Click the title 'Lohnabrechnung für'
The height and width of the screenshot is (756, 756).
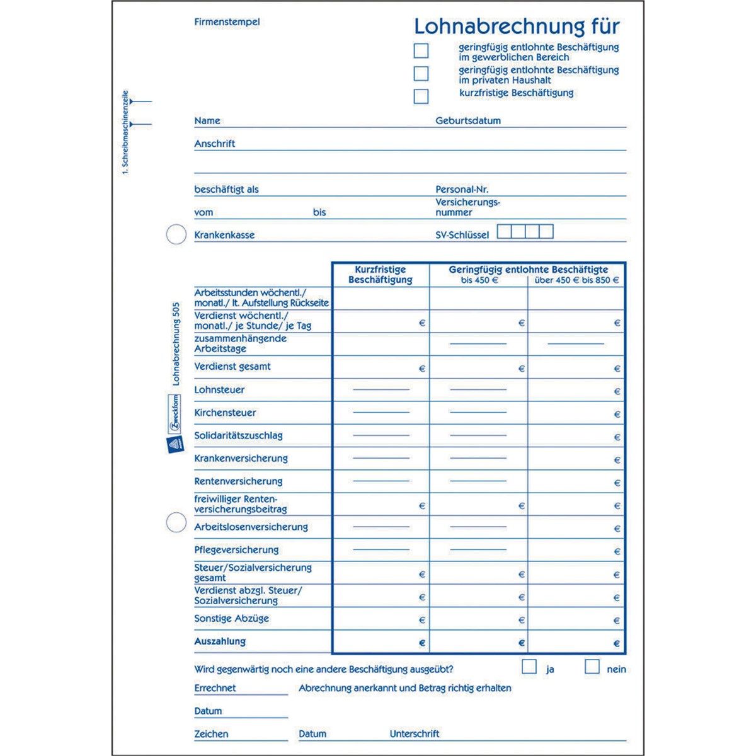(517, 26)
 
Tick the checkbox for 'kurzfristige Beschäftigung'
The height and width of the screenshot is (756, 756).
(421, 96)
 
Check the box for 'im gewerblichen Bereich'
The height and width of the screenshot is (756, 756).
(421, 50)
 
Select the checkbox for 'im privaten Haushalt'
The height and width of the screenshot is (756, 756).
(421, 74)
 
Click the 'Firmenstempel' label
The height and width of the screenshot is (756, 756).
(227, 22)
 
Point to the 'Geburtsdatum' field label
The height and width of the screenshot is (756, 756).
(468, 120)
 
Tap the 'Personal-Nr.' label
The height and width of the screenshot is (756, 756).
(462, 189)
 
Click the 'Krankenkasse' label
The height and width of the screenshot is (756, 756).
(224, 235)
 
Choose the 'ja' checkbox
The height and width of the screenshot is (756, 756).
(529, 667)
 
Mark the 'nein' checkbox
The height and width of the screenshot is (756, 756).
(592, 667)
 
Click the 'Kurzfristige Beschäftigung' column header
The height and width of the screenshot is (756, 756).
(381, 275)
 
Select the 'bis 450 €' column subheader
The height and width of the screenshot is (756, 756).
(479, 280)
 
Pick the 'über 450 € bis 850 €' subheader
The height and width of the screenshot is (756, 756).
(576, 280)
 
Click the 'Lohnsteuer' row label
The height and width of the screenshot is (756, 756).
(219, 390)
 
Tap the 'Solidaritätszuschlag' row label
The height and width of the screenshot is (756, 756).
(238, 435)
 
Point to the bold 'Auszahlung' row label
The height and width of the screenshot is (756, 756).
(220, 641)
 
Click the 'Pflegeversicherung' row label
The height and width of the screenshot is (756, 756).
(236, 550)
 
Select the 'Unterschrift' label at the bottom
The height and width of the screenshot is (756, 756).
(415, 733)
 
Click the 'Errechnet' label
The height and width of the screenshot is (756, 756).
(215, 688)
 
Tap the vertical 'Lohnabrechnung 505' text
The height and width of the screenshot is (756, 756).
(176, 344)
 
